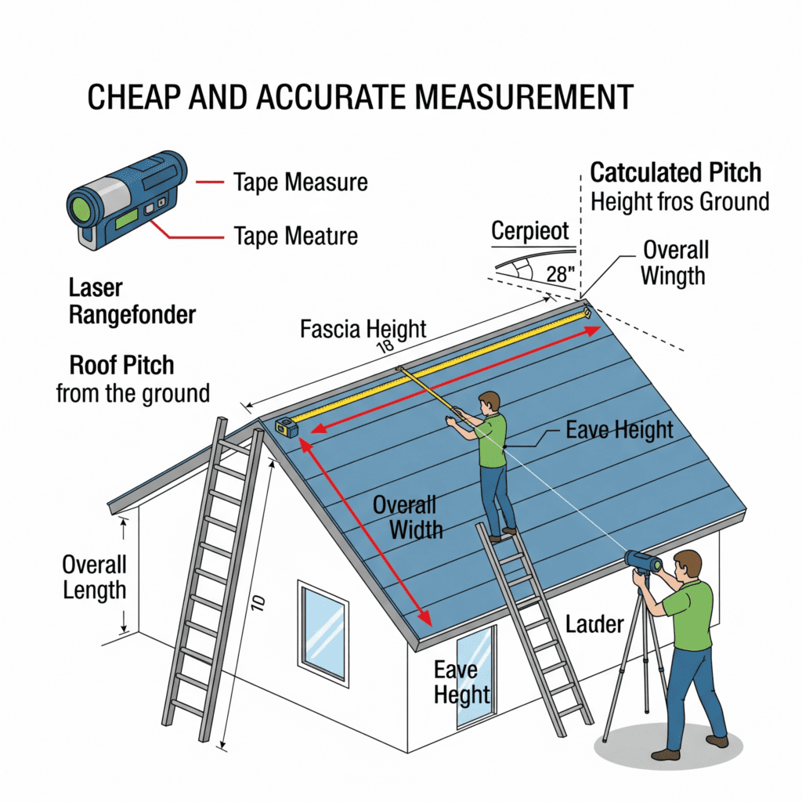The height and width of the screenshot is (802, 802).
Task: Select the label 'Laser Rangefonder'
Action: coord(132,302)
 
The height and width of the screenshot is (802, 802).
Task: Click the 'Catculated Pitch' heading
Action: coord(675,172)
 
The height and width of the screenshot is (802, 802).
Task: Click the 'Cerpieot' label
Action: coord(531,232)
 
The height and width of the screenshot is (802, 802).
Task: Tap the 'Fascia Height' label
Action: coord(363,329)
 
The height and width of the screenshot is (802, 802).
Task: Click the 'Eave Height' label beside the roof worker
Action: coord(619,429)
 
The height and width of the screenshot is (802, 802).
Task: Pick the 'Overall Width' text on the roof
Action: coord(405,516)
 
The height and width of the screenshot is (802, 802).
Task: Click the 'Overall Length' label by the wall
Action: coord(95,577)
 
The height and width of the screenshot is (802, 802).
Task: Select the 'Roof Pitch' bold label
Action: coord(121,365)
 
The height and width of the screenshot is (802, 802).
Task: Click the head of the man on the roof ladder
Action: coord(489,402)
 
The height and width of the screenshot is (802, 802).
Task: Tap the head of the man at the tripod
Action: coord(687,563)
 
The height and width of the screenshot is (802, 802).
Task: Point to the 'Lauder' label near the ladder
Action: coord(594,624)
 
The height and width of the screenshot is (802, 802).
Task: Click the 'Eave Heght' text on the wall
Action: coord(462,682)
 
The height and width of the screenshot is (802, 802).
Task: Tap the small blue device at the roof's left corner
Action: coord(285,428)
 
